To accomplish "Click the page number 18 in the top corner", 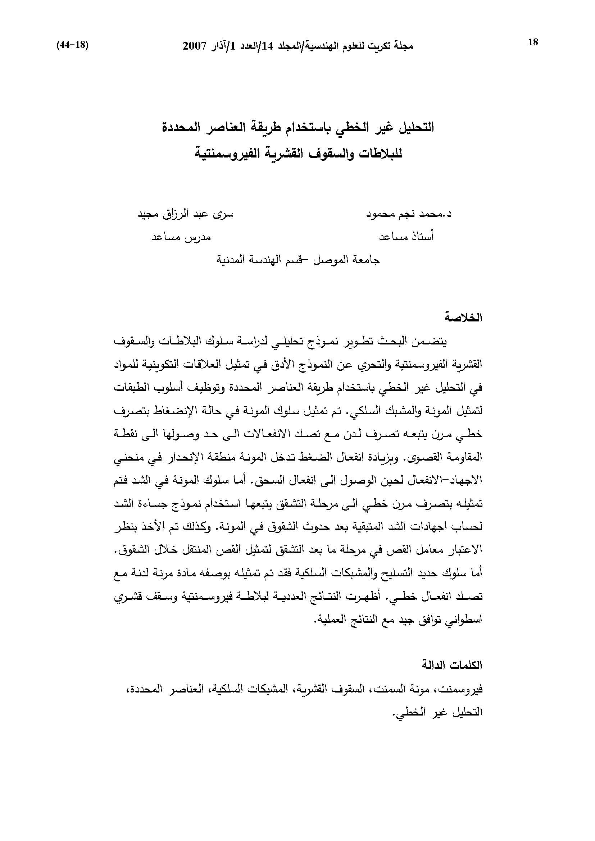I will click(x=533, y=42).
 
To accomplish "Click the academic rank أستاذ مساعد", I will click(x=406, y=237).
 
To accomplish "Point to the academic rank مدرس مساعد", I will click(x=182, y=237).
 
